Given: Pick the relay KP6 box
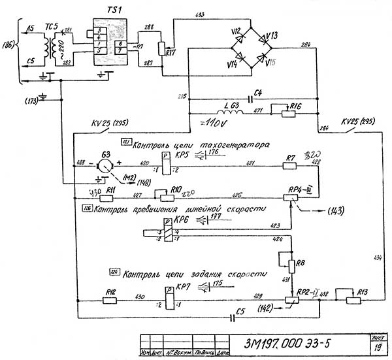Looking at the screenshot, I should coord(168,233).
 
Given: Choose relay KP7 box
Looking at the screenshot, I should coord(168,301).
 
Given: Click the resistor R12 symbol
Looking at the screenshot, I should coord(110,301).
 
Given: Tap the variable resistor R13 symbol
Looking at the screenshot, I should coord(345,301).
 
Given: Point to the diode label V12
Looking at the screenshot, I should coord(237,31).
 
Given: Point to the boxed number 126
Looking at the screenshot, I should coord(87,209).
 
